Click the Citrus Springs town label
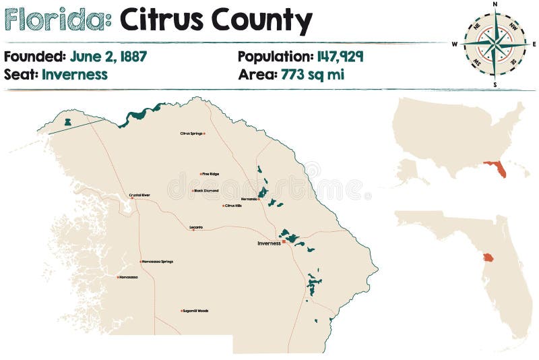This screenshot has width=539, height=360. [x=191, y=133]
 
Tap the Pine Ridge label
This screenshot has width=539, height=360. [x=210, y=174]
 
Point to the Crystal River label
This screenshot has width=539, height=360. [x=139, y=196]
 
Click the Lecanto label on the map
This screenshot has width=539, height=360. [x=196, y=227]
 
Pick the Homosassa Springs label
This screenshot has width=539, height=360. [x=158, y=262]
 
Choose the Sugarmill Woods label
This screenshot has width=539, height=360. [x=195, y=311]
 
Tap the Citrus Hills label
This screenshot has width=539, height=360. [x=233, y=206]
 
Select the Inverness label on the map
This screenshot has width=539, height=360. [x=269, y=243]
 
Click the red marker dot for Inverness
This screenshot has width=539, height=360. [x=284, y=241]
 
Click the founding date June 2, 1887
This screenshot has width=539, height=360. [x=108, y=56]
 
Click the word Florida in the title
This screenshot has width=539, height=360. [x=57, y=22]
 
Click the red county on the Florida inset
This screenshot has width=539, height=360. [x=488, y=258]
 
